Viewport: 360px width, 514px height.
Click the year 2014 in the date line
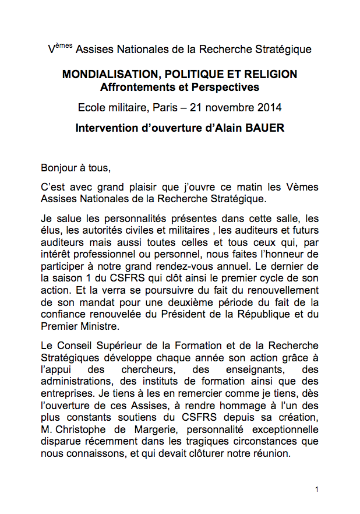pos(269,108)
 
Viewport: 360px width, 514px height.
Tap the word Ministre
pos(101,326)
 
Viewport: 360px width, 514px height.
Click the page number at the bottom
pos(316,490)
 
